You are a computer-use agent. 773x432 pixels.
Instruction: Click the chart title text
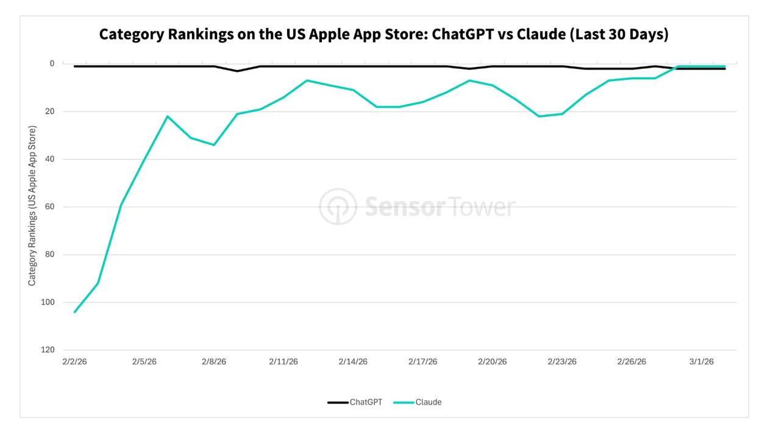(383, 34)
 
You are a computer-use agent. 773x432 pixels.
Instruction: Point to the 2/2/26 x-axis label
(75, 361)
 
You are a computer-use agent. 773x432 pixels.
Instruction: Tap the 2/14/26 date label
(353, 361)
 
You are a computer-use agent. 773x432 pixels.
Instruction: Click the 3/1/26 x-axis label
(701, 361)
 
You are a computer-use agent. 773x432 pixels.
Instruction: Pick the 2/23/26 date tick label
(562, 361)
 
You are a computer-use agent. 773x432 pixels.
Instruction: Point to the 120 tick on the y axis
(48, 350)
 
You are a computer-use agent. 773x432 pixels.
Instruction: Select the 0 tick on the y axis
(52, 63)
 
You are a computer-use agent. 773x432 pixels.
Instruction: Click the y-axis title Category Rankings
(32, 206)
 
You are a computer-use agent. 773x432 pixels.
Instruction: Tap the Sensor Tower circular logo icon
(338, 207)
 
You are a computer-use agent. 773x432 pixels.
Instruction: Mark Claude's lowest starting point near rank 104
(75, 312)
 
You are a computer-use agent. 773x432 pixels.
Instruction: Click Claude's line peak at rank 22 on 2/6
(168, 116)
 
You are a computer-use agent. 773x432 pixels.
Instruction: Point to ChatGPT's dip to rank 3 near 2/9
(237, 71)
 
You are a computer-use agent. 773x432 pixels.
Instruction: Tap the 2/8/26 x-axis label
(214, 361)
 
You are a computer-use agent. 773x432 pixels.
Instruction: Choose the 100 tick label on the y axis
(48, 302)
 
